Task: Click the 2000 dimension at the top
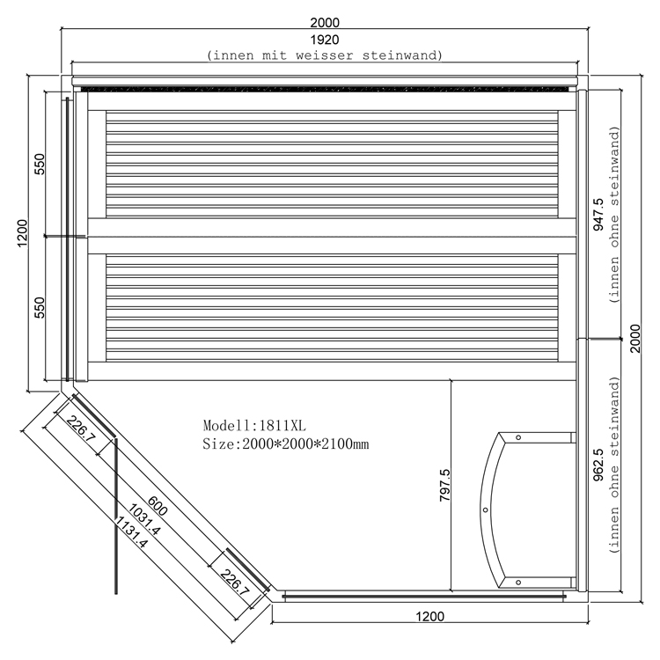[325, 22]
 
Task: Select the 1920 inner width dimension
[325, 40]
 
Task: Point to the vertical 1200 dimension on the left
[22, 233]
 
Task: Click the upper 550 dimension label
[39, 165]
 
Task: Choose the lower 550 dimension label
[39, 308]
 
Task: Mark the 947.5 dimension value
[598, 214]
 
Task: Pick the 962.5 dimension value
[598, 465]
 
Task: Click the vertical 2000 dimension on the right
[635, 339]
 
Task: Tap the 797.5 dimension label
[445, 485]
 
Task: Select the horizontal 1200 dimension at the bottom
[429, 617]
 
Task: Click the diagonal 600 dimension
[158, 506]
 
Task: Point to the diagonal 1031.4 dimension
[143, 520]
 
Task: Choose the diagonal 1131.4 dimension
[131, 532]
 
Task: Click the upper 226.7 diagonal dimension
[81, 429]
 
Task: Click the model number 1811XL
[282, 426]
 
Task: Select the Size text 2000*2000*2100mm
[305, 444]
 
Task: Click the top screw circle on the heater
[518, 437]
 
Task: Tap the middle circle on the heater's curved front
[485, 510]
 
